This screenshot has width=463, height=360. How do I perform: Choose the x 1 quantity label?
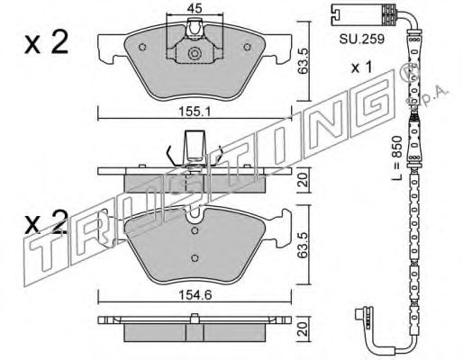click(361, 68)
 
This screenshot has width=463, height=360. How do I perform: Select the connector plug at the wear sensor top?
click(345, 13)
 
